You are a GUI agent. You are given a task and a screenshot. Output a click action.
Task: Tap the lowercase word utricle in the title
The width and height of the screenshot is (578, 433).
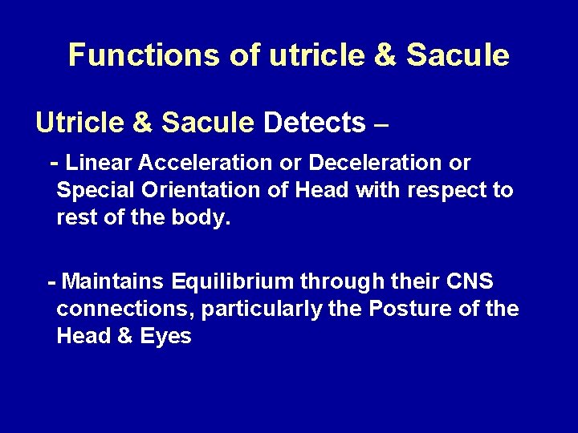point(277,55)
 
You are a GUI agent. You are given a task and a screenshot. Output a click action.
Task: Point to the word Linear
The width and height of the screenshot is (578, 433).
point(100,163)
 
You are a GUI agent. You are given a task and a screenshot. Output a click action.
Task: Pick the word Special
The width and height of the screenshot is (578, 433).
point(92,191)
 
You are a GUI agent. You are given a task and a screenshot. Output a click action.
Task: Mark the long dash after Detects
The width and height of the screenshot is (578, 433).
point(381,124)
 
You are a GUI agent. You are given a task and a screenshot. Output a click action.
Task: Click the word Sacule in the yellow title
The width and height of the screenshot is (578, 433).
point(458,55)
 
